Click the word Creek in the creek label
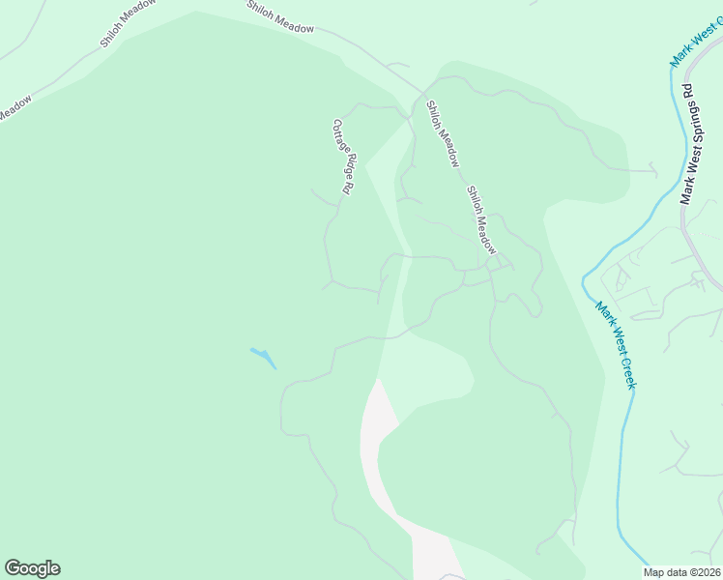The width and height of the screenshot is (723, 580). (x=629, y=371)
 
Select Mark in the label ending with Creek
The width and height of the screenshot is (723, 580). (x=604, y=314)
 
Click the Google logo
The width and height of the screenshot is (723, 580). (x=32, y=568)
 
